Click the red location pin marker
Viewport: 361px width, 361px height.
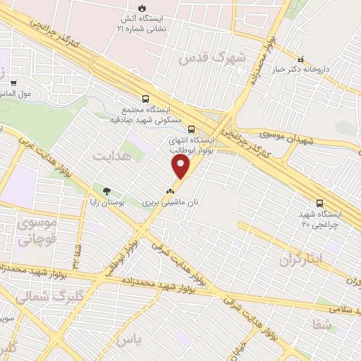tap(180, 167)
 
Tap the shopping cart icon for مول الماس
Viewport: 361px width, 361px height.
tap(13, 83)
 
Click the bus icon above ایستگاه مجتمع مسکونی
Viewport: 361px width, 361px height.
tap(146, 99)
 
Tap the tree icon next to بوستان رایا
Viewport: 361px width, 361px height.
tap(106, 191)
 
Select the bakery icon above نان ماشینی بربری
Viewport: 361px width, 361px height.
tap(169, 190)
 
